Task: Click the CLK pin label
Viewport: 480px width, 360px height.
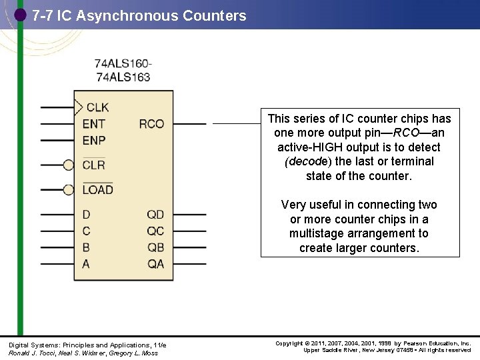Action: pos(97,107)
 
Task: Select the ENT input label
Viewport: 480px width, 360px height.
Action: pos(93,124)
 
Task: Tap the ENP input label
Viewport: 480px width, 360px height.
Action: pos(94,140)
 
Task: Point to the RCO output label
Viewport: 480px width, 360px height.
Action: pos(151,124)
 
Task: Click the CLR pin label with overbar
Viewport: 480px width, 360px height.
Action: pos(94,165)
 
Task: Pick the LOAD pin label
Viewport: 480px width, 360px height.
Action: pos(97,190)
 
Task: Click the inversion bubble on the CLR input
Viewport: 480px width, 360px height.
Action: pos(69,165)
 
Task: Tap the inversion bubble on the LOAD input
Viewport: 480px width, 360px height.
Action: pos(69,190)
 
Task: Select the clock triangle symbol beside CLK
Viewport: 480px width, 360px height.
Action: pos(79,107)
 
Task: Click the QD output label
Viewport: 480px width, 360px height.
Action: pos(155,215)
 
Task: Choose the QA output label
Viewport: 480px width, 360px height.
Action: pos(155,264)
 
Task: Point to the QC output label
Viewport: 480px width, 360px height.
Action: pos(155,231)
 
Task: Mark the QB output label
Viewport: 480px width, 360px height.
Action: pos(155,247)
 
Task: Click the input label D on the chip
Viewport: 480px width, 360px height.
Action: pos(86,215)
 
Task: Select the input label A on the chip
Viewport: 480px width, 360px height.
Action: pos(86,264)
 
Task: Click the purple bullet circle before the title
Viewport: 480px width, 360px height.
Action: pos(21,14)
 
